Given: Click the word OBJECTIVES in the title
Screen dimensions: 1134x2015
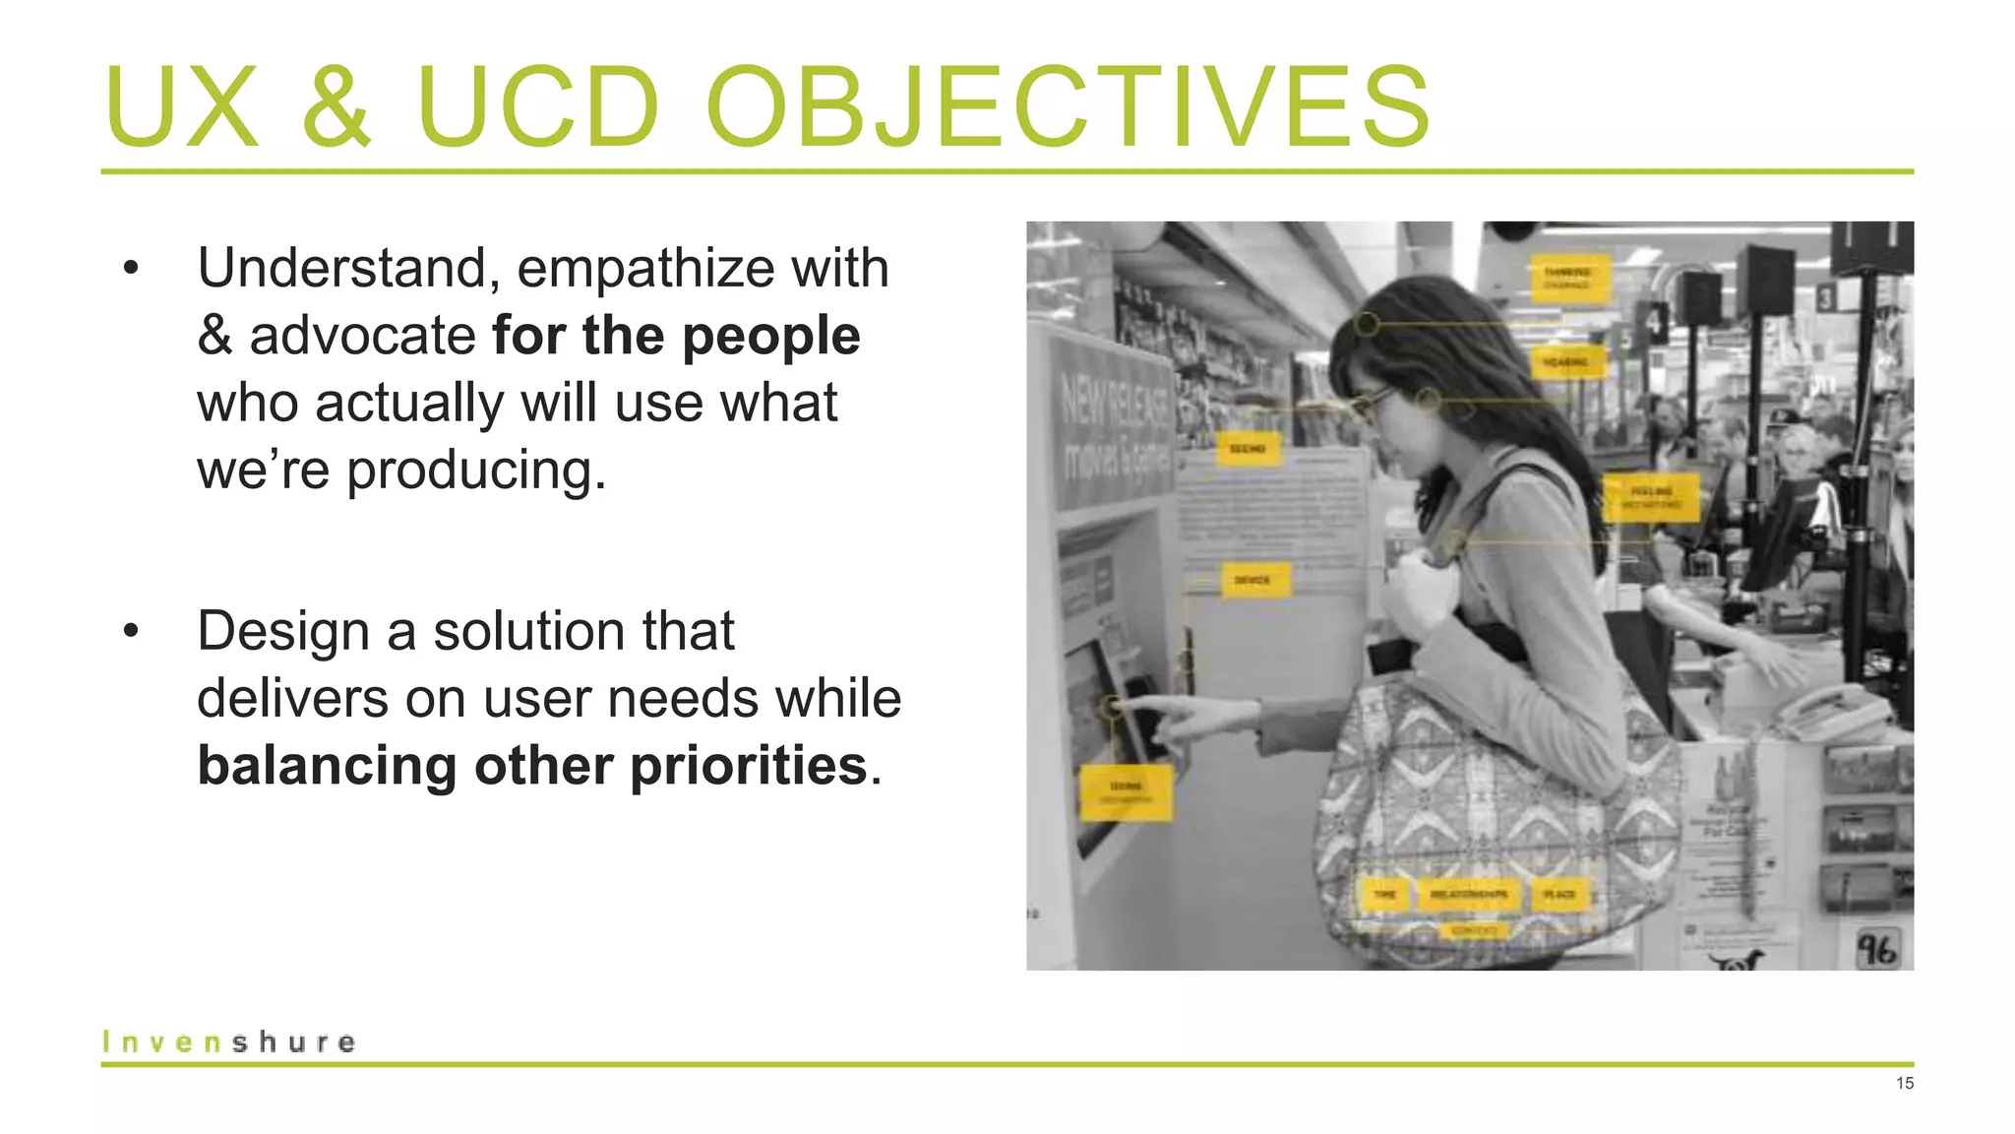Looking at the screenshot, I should click(1068, 106).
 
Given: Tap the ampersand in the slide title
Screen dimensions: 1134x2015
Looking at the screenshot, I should click(336, 106).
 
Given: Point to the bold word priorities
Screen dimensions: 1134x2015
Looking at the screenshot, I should click(748, 766).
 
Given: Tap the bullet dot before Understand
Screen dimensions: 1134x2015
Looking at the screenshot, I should click(131, 269).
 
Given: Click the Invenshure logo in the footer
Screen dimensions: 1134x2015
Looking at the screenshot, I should click(228, 1041).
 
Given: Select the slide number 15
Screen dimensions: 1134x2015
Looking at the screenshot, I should click(1904, 1084).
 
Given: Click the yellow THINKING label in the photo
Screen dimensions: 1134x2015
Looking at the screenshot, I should click(1568, 279).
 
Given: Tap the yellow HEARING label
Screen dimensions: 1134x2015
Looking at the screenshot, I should click(1566, 362).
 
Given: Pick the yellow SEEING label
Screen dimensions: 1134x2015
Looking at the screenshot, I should click(1248, 449).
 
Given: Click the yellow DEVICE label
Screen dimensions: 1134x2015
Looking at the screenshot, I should click(1252, 580).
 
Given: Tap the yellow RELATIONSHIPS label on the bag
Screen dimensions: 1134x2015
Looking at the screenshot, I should click(1469, 894).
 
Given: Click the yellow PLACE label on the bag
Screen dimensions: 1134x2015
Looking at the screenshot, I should click(1558, 894).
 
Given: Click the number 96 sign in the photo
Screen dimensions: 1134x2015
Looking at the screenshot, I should click(1875, 949).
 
